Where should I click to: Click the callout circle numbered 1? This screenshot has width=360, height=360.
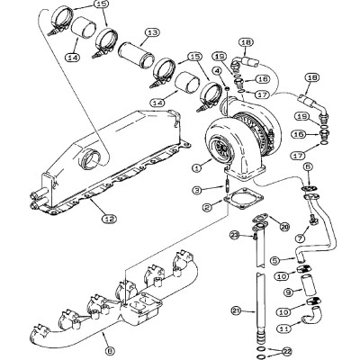coord(196,167)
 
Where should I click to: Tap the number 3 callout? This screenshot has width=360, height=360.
coord(196,190)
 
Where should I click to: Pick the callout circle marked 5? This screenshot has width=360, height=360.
coord(276,260)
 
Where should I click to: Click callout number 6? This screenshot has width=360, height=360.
coord(309,167)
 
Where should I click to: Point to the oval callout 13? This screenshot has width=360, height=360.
coord(152,32)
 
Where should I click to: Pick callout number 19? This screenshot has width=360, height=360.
coord(327,117)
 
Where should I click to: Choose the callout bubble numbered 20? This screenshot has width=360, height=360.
coord(284,227)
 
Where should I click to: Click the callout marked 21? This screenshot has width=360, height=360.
coord(237,310)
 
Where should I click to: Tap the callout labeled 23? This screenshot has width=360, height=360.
coord(232,236)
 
